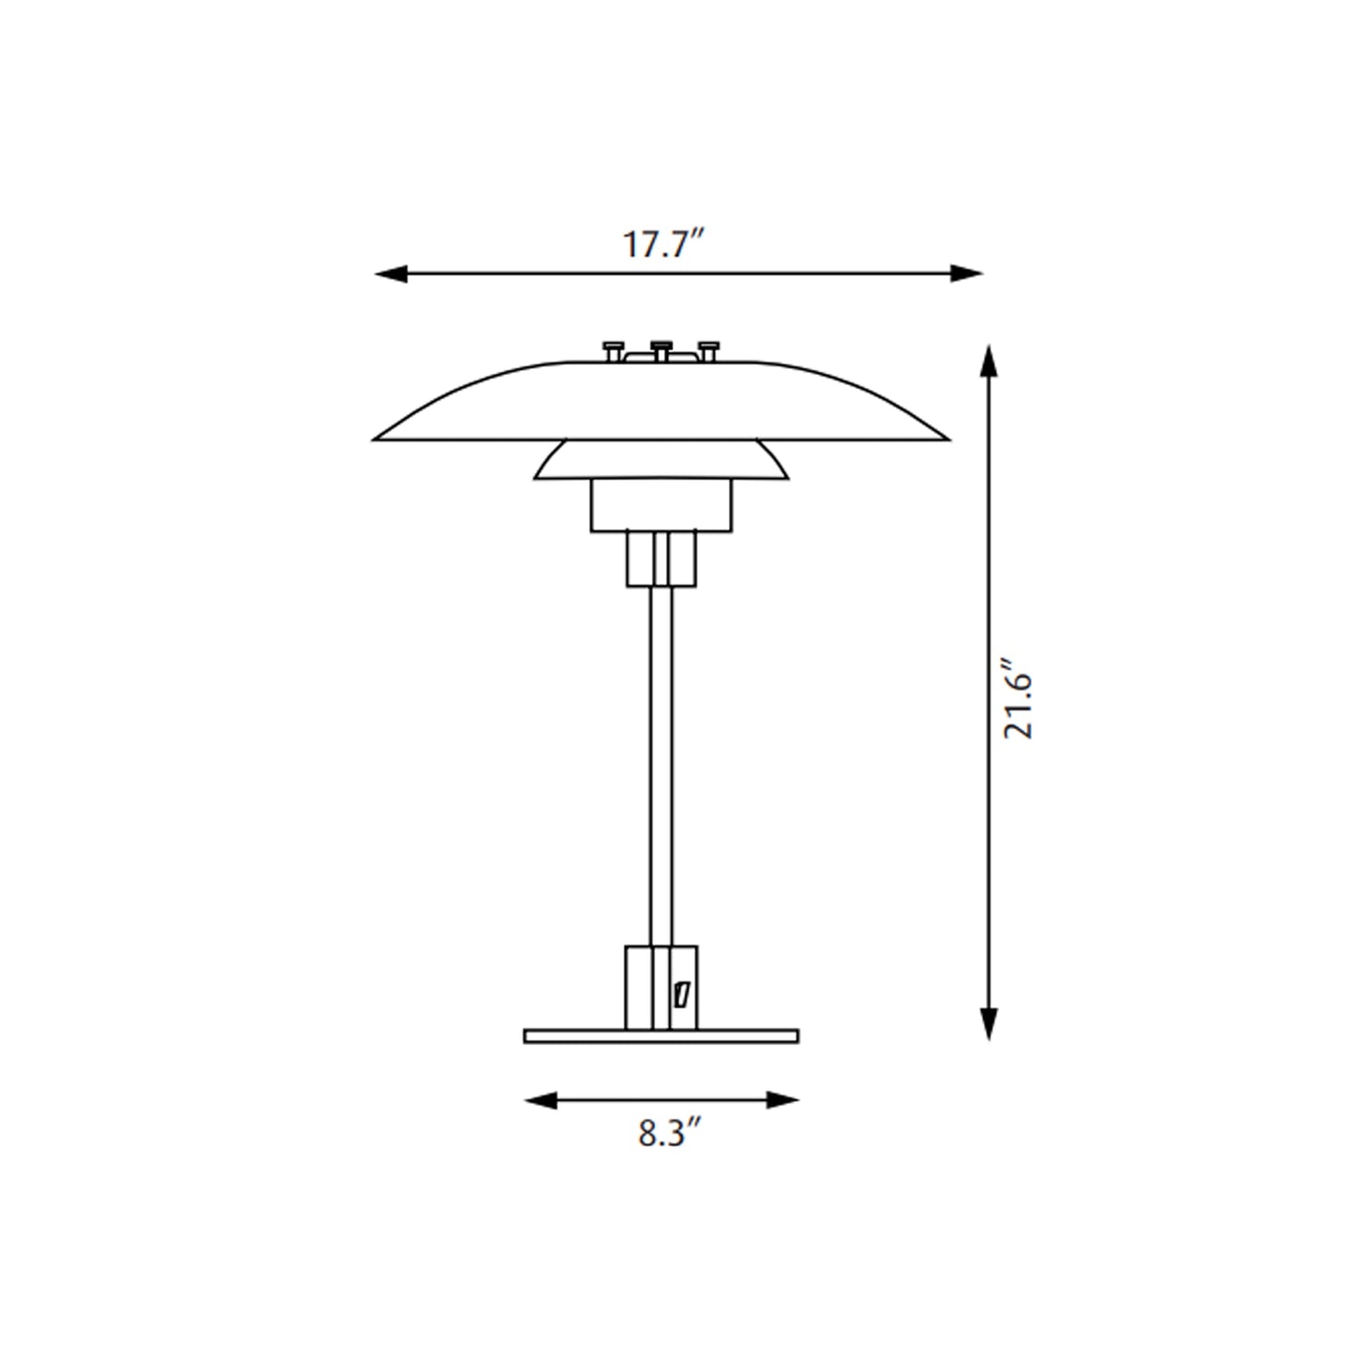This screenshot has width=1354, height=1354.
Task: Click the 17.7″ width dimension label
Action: coord(662,245)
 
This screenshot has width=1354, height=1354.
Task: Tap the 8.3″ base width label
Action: coord(670,1135)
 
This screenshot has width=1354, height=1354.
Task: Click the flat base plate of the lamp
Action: coord(662,1036)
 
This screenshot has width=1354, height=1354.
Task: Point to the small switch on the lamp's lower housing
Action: coord(682,994)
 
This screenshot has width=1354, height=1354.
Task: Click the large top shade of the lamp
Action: coord(662,403)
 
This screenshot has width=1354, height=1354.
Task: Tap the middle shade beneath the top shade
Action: coord(662,461)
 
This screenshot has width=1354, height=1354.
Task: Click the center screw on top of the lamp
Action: coord(662,349)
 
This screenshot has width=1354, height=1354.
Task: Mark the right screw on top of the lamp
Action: coord(709,350)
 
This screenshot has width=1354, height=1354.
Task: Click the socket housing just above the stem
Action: coord(662,559)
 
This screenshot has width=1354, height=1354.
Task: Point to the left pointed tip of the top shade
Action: coord(378,438)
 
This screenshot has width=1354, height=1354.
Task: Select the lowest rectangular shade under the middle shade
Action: coord(662,506)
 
